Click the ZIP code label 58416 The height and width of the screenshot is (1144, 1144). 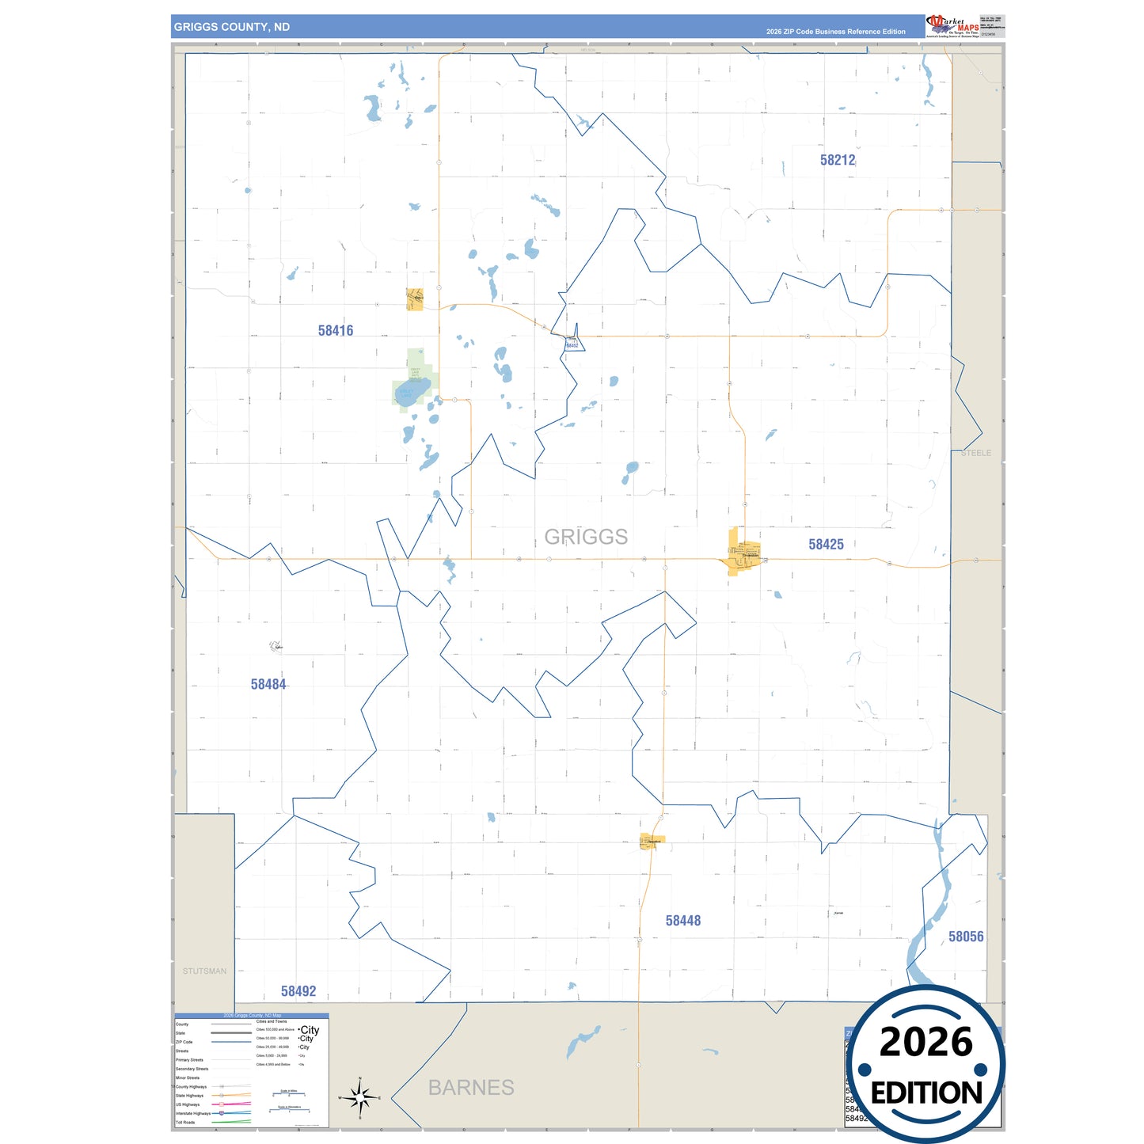tap(336, 331)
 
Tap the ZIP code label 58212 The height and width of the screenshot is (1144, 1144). tap(838, 160)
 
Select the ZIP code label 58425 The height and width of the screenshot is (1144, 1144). tap(826, 545)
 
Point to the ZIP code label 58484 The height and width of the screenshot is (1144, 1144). tap(268, 685)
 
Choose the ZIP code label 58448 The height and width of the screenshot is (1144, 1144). tap(682, 921)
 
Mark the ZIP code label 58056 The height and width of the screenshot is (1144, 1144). tap(966, 937)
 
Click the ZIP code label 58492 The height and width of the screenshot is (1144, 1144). tap(298, 991)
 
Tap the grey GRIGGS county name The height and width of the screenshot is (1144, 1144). tap(586, 537)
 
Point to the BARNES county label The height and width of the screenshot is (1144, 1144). tap(471, 1088)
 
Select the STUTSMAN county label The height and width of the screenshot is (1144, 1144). tap(204, 971)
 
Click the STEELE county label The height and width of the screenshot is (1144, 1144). tap(976, 453)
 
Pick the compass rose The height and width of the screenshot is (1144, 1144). tap(360, 1098)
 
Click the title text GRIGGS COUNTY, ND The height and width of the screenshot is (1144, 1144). tap(232, 27)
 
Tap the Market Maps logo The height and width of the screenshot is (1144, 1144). tap(952, 26)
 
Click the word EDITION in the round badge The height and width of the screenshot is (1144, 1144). tap(926, 1093)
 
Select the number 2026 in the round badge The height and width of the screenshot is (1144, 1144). tap(926, 1042)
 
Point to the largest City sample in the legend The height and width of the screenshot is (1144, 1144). tap(310, 1030)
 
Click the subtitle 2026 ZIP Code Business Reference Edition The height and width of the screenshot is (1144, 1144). tap(835, 32)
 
